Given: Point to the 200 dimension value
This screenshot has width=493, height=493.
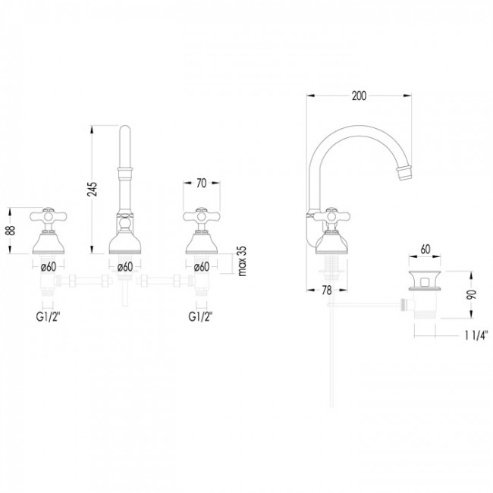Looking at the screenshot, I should [360, 96].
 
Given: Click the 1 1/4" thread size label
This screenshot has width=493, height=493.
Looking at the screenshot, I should [476, 333].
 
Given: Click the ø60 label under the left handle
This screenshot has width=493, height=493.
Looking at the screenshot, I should [48, 266].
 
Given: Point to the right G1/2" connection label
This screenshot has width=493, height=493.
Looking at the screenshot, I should [200, 313].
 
